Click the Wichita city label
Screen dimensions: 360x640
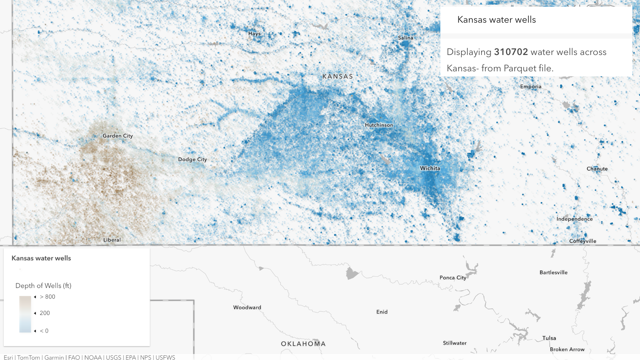click(430, 168)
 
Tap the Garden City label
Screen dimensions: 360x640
click(118, 136)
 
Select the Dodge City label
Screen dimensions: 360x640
click(192, 159)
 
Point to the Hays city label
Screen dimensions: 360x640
click(254, 34)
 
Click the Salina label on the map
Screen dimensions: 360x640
click(405, 38)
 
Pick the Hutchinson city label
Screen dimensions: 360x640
click(379, 125)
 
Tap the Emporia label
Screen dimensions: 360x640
click(531, 87)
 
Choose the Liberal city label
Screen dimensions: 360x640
click(112, 240)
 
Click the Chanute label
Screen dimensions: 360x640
click(597, 169)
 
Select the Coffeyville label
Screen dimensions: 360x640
click(583, 241)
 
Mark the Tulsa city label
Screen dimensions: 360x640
click(549, 338)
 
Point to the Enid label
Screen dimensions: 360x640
click(382, 312)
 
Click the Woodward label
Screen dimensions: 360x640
click(247, 307)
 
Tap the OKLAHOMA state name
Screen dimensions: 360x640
click(303, 344)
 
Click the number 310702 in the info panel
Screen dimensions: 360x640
click(511, 52)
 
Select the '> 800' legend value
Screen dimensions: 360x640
click(48, 297)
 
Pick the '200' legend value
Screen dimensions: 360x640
click(45, 313)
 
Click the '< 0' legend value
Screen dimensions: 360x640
click(44, 331)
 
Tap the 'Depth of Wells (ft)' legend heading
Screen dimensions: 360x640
click(43, 286)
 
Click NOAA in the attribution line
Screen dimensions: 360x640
click(93, 357)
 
